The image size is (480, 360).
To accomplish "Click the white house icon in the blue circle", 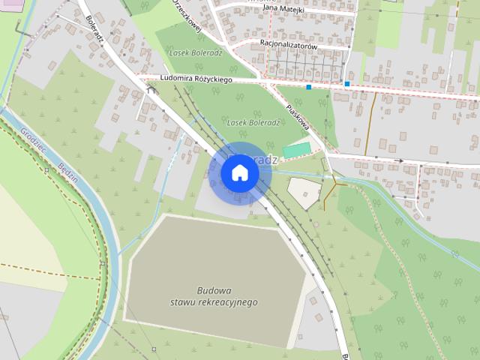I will click(240, 172).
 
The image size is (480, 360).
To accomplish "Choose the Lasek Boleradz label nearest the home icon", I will click(253, 122).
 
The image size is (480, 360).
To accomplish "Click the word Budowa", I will click(214, 290).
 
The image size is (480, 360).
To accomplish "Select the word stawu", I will click(183, 301).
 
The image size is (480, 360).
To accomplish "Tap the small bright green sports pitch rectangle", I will click(295, 150).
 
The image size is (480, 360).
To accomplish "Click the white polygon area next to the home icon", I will click(304, 193).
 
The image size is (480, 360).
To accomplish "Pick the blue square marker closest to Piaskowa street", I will click(308, 87).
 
